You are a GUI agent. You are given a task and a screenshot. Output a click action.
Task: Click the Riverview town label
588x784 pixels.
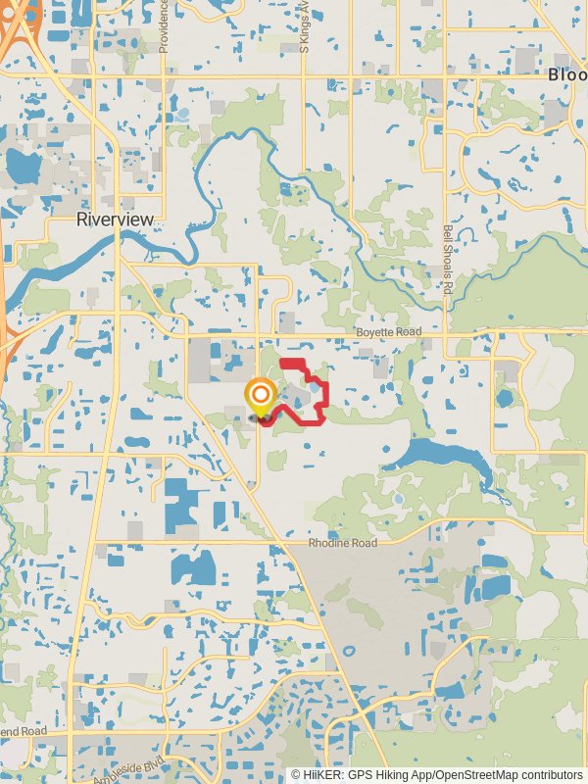click(x=115, y=220)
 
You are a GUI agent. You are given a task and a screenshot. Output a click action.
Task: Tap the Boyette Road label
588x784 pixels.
click(x=388, y=333)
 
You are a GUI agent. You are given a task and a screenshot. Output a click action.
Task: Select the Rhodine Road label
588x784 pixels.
click(x=343, y=543)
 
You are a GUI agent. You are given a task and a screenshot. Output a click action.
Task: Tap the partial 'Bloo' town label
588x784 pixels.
click(x=567, y=74)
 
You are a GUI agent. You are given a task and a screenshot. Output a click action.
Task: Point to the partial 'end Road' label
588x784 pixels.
click(x=24, y=731)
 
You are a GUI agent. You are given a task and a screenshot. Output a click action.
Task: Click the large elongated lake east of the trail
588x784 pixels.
click(x=441, y=456)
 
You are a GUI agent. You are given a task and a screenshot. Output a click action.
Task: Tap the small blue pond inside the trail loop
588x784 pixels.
click(x=313, y=389)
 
